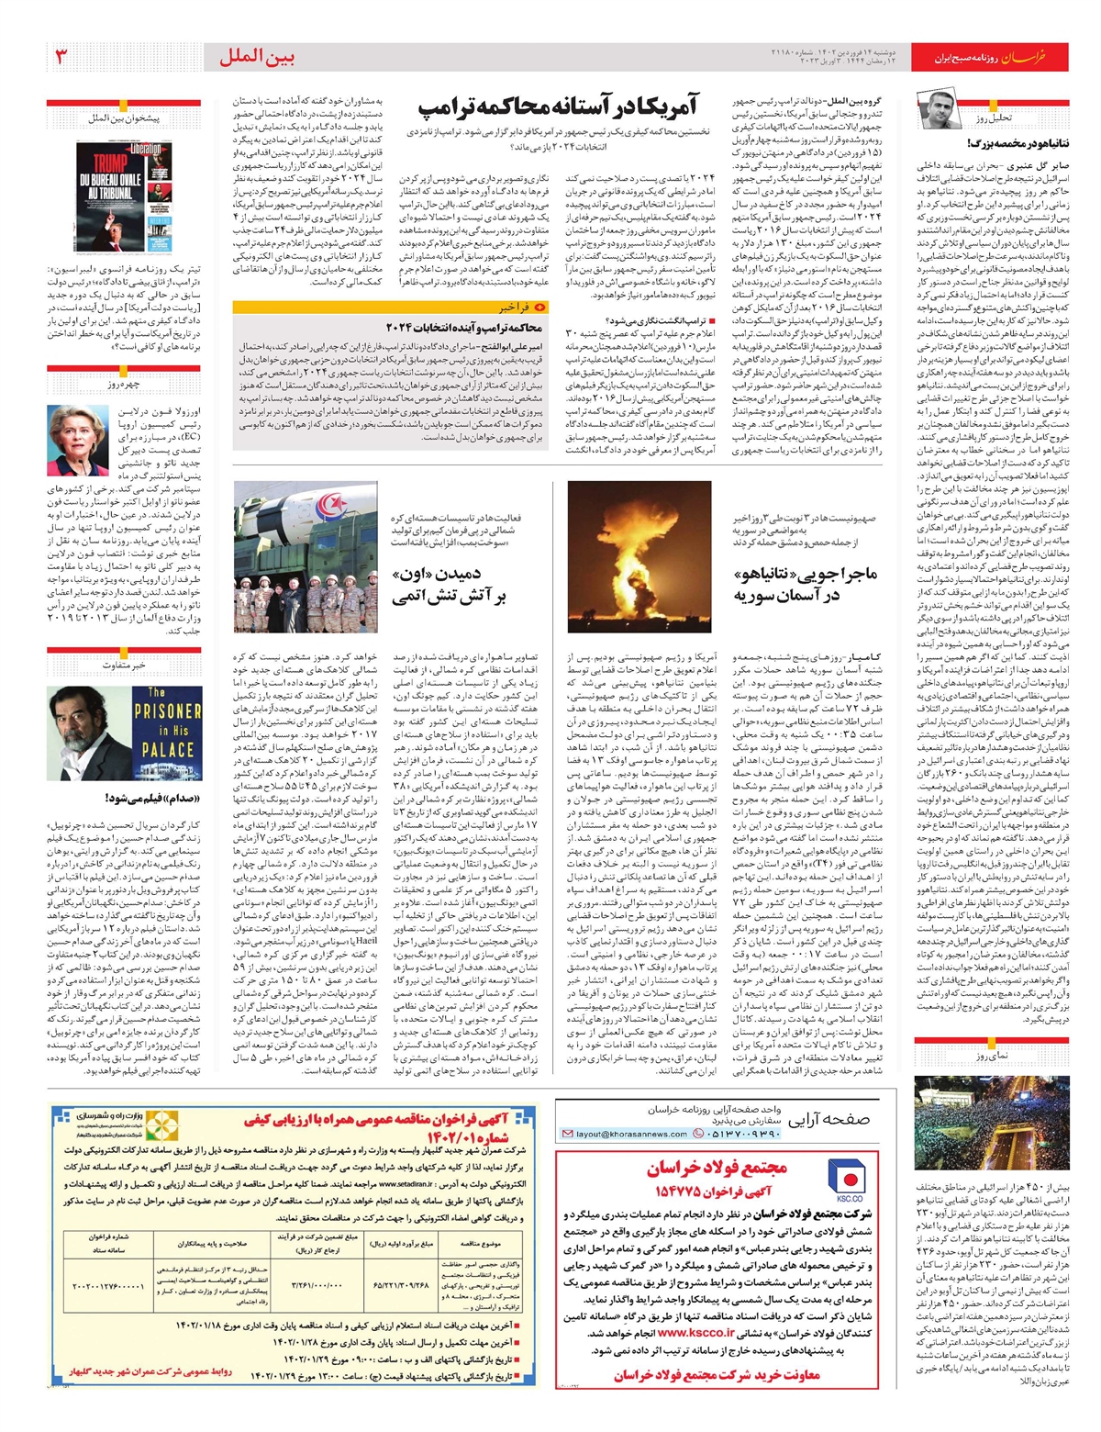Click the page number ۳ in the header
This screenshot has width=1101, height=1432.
pyautogui.click(x=62, y=57)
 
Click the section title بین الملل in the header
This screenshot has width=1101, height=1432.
pyautogui.click(x=257, y=57)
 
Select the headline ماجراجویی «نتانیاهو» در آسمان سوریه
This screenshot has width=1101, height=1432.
pyautogui.click(x=806, y=584)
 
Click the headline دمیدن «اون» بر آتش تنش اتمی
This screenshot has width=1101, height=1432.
pyautogui.click(x=449, y=585)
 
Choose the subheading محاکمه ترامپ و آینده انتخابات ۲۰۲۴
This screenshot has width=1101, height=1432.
pyautogui.click(x=478, y=328)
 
